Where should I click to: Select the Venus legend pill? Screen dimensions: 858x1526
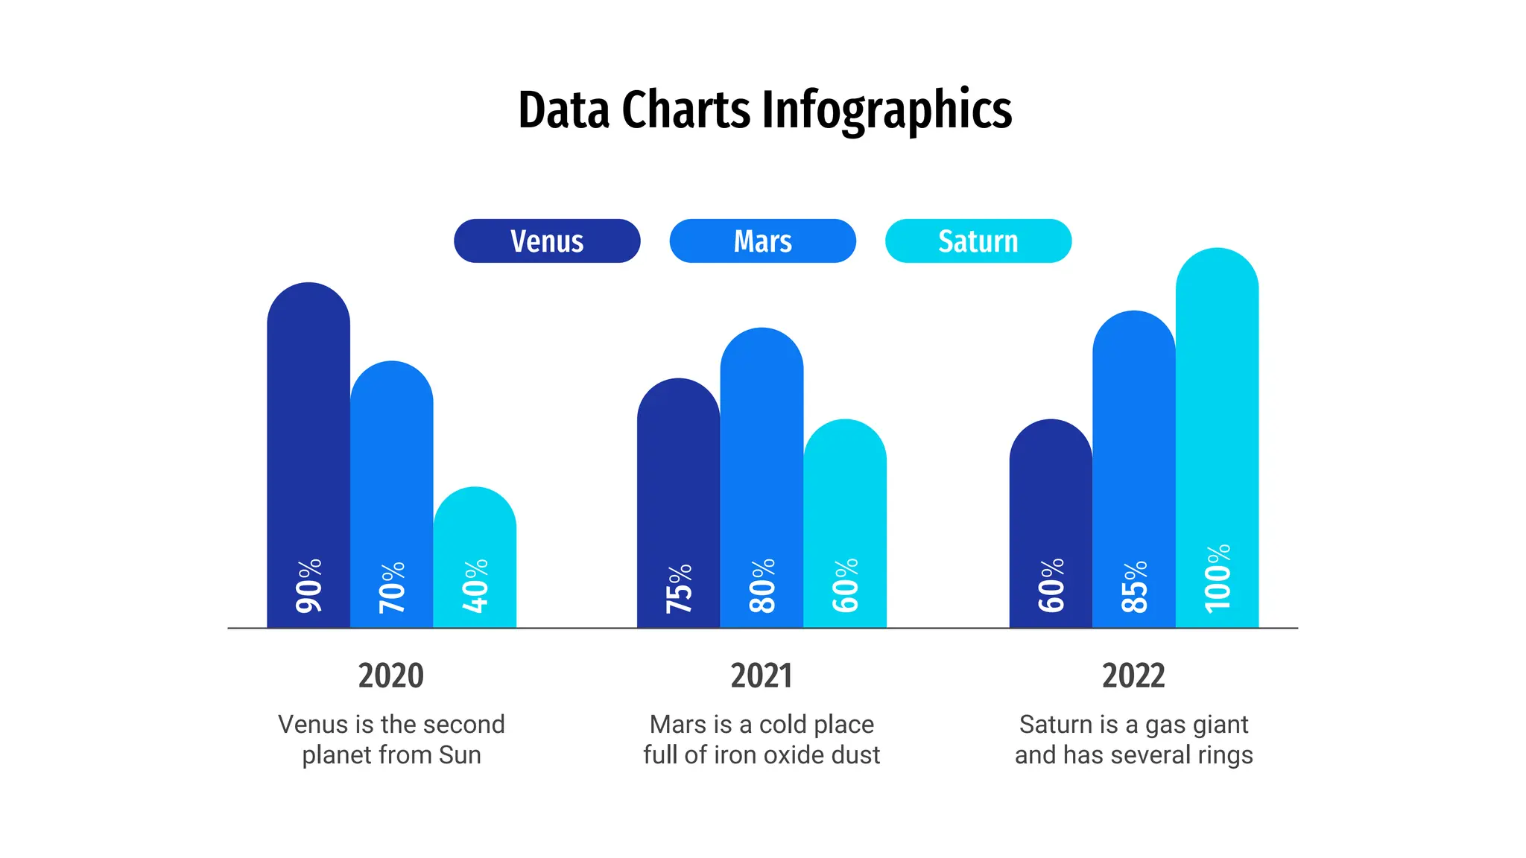pyautogui.click(x=546, y=241)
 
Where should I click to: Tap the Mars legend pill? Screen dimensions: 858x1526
pyautogui.click(x=762, y=241)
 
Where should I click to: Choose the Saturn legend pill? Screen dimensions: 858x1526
pyautogui.click(x=978, y=241)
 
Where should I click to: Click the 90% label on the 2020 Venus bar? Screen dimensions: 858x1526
pyautogui.click(x=308, y=586)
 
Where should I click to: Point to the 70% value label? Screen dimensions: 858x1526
pyautogui.click(x=392, y=588)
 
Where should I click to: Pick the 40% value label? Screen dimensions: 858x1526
pyautogui.click(x=475, y=586)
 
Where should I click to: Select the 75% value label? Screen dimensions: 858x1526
pyautogui.click(x=679, y=588)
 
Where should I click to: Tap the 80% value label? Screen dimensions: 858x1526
pyautogui.click(x=762, y=586)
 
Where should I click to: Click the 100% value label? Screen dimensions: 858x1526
pyautogui.click(x=1218, y=579)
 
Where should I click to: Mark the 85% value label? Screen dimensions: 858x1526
pyautogui.click(x=1134, y=587)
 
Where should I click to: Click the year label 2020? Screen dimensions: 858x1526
pyautogui.click(x=390, y=676)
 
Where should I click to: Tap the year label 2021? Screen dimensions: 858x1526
pyautogui.click(x=762, y=676)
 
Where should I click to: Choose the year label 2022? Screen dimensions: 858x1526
pyautogui.click(x=1133, y=676)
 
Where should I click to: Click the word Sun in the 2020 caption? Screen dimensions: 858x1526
pyautogui.click(x=460, y=755)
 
